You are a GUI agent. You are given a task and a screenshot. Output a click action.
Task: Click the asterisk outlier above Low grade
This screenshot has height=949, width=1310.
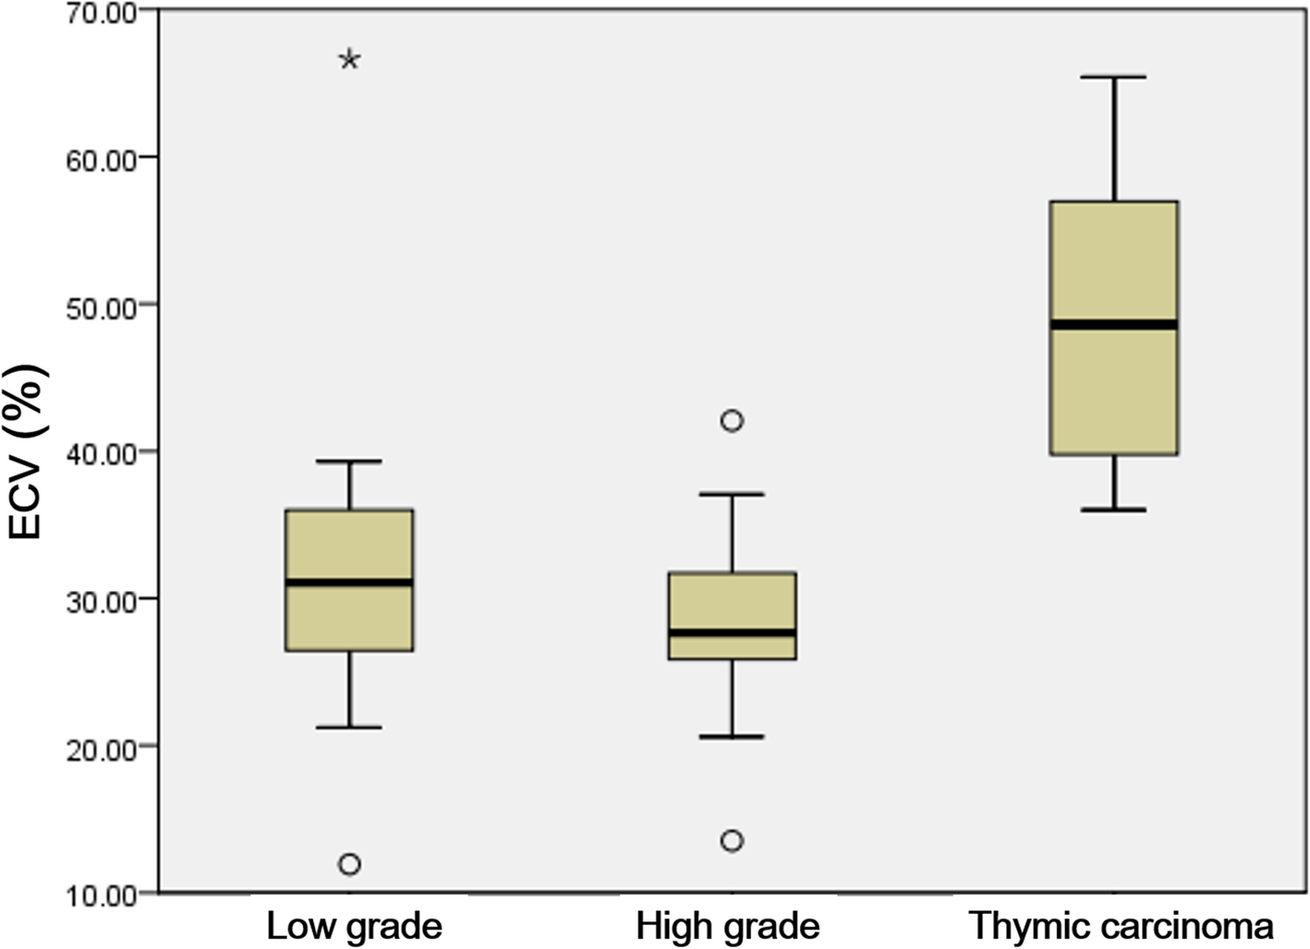click(349, 61)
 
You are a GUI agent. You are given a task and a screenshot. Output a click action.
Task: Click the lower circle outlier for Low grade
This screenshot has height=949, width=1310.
click(349, 865)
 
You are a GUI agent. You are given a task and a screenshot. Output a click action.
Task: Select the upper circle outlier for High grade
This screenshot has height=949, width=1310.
click(732, 421)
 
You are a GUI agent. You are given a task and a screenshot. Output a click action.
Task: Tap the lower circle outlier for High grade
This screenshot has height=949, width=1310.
click(732, 841)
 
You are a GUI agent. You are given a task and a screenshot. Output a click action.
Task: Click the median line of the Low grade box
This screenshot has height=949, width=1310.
click(349, 583)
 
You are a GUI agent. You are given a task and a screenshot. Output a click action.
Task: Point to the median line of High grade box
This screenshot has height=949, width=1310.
click(732, 632)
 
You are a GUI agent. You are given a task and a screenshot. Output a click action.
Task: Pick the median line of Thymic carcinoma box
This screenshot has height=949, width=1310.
click(1113, 324)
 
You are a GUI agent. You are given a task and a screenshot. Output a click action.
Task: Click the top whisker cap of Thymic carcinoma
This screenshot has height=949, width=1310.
click(1113, 78)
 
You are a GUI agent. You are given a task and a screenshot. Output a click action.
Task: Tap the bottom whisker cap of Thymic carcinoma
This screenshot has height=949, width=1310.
click(1113, 510)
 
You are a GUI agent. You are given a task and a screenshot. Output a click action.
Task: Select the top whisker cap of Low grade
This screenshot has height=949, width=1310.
click(349, 461)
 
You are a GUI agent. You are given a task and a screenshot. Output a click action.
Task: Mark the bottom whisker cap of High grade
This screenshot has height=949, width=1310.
click(732, 737)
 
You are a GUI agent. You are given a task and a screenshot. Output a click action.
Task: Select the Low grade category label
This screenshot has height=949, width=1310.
click(354, 925)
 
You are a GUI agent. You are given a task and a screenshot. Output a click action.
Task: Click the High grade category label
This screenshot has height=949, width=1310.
click(727, 925)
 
